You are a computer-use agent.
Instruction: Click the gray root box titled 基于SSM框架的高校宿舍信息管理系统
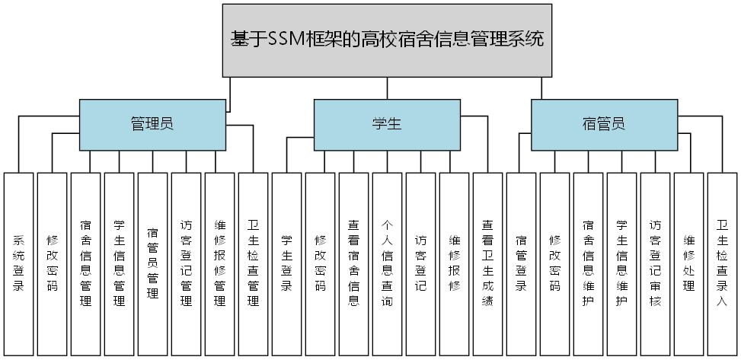tap(387, 40)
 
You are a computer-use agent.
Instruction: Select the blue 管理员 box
tap(152, 124)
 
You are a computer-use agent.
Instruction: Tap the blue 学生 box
tap(387, 124)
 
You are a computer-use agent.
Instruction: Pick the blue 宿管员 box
tap(604, 124)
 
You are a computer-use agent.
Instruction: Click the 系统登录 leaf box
tap(18, 263)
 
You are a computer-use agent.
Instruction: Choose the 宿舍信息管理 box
tap(85, 263)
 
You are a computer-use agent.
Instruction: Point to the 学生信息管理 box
tap(119, 263)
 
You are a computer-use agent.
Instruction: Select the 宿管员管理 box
tap(152, 263)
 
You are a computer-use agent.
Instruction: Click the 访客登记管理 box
tap(186, 263)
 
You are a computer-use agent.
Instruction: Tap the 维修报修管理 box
tap(219, 263)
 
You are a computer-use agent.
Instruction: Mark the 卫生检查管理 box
tap(253, 263)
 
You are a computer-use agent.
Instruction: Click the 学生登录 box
tap(286, 263)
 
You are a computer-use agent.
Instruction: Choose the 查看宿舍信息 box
tap(353, 263)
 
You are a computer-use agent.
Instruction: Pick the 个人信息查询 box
tap(387, 263)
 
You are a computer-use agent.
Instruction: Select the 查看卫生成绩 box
tap(487, 263)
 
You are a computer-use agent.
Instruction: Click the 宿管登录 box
tap(521, 263)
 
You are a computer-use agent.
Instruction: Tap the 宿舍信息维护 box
tap(588, 263)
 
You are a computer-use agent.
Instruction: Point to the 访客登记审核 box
tap(655, 263)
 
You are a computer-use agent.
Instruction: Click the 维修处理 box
tap(688, 263)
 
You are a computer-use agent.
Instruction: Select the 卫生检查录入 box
tap(722, 263)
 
